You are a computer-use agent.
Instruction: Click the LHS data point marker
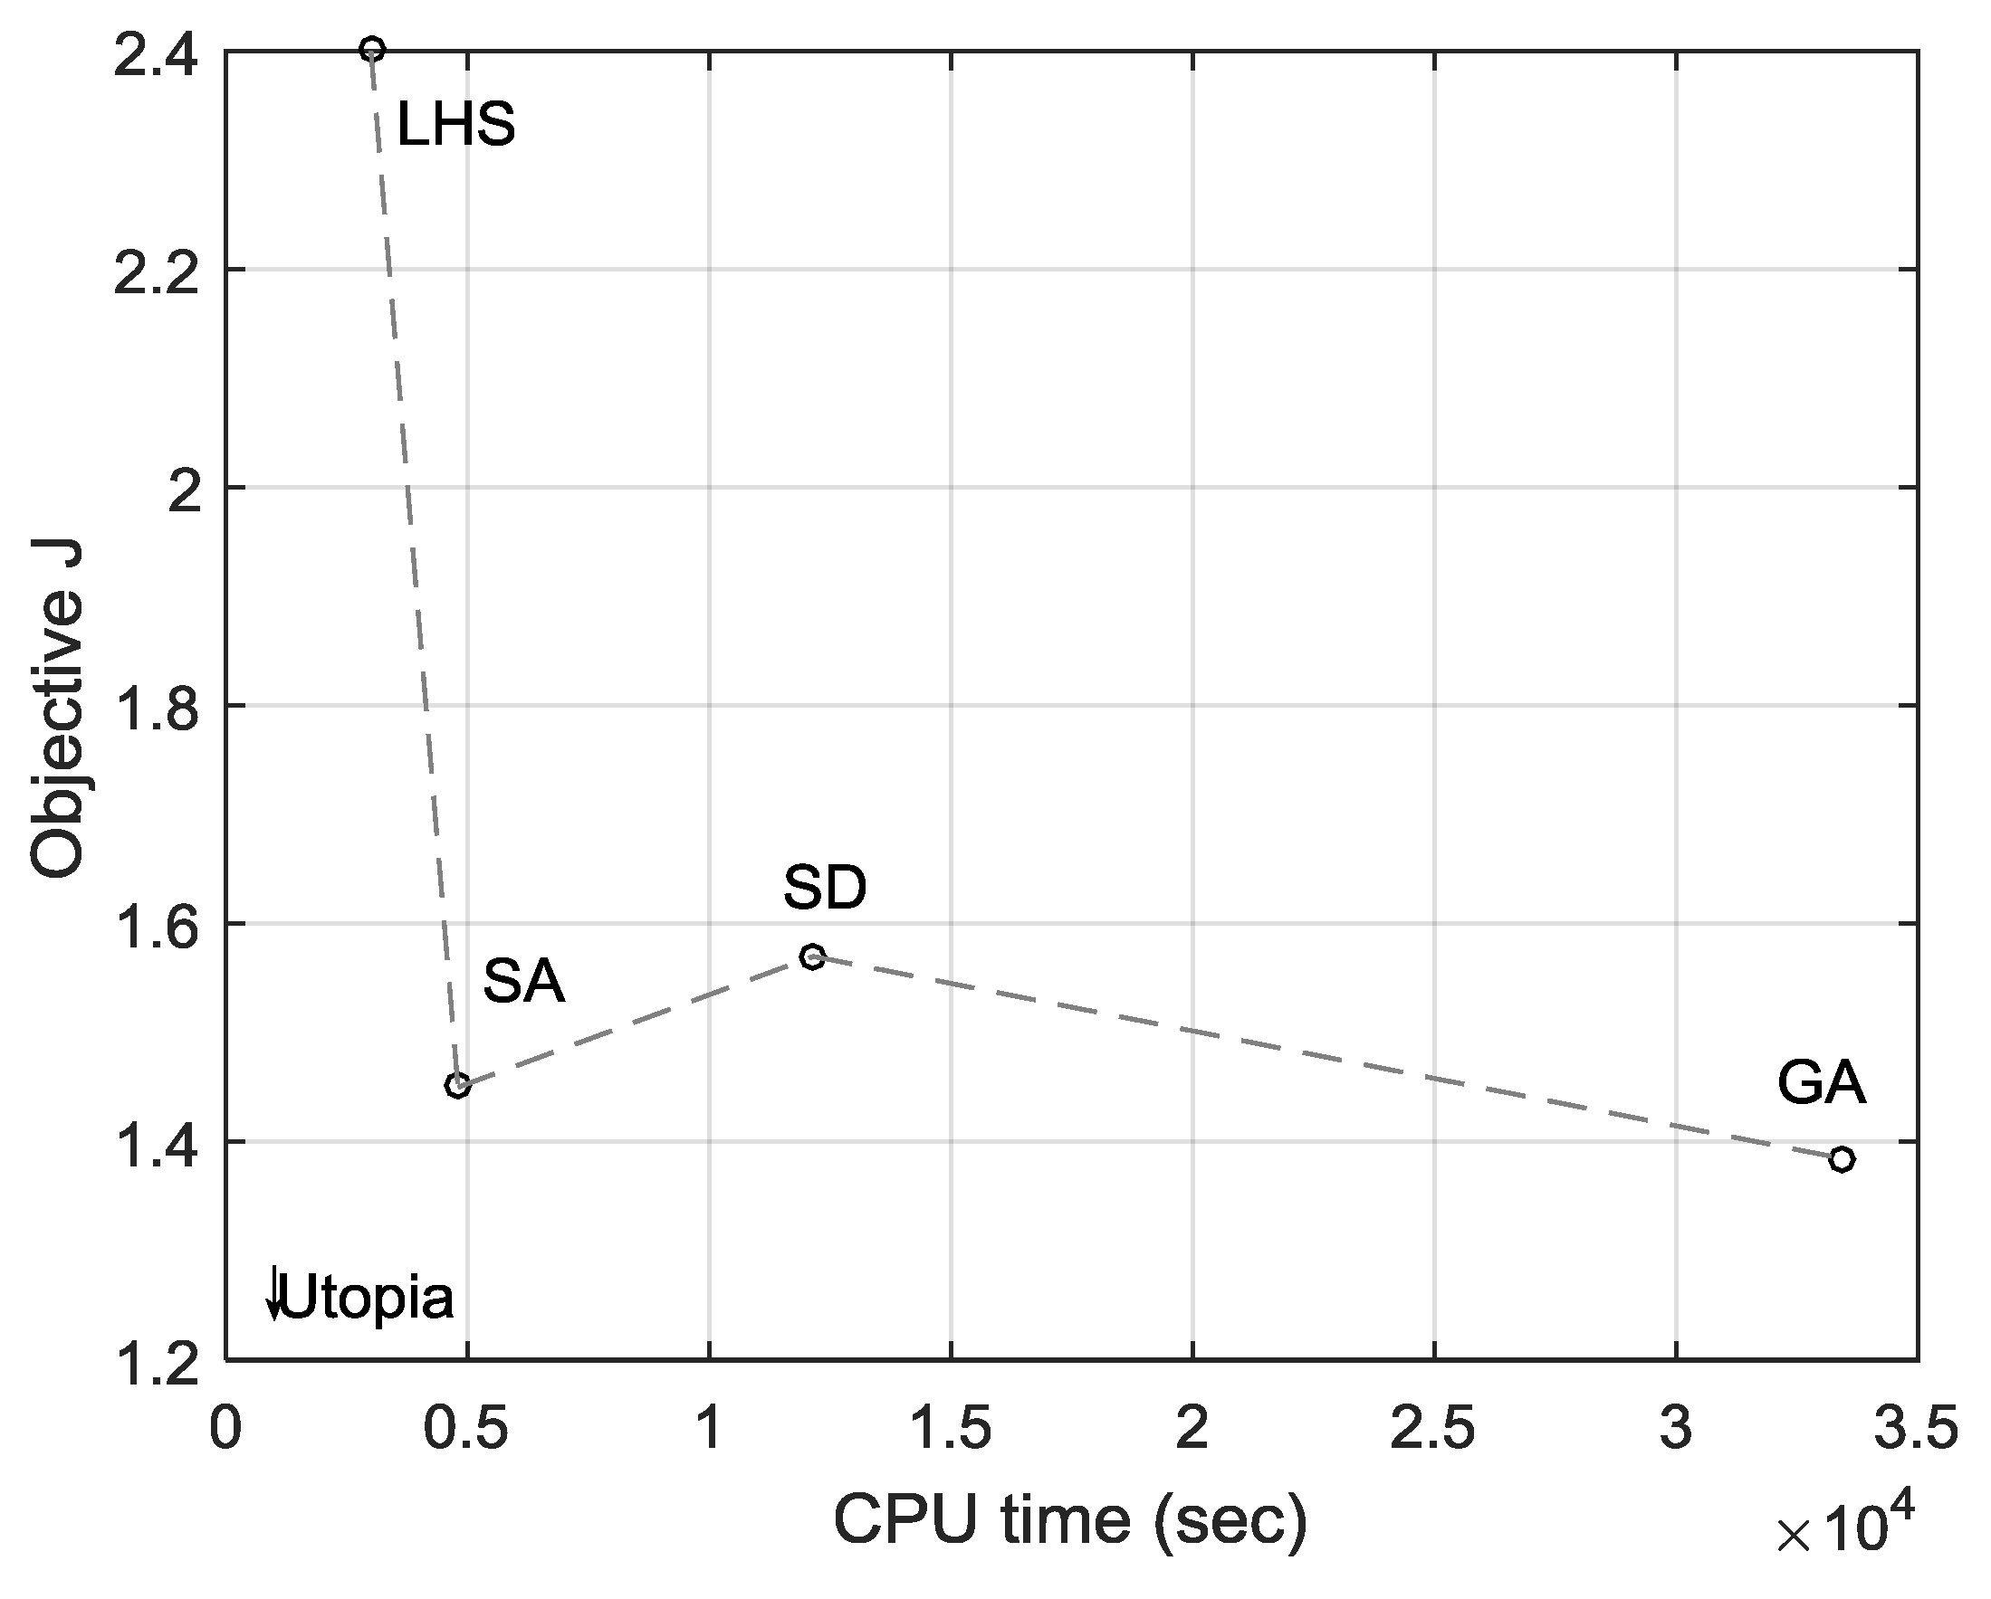point(372,49)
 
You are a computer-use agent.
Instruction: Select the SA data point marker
point(457,1085)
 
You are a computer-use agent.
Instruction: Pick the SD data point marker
point(813,957)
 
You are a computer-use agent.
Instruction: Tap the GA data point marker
point(1842,1159)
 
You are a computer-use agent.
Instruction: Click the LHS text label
point(455,125)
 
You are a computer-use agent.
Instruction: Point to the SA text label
point(523,981)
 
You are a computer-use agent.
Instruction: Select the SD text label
point(825,888)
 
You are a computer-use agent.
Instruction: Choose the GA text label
point(1821,1083)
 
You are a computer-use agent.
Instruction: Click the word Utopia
point(367,1298)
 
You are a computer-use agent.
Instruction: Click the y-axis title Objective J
point(57,707)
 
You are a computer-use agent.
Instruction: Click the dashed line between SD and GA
point(1321,1056)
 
